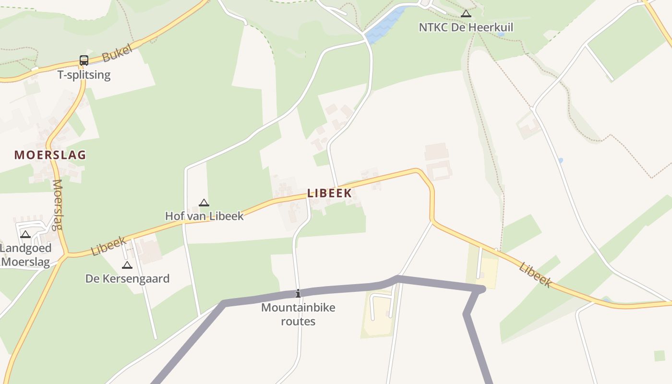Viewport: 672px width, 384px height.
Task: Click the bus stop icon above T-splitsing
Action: pyautogui.click(x=84, y=60)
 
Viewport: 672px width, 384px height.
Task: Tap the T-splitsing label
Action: pyautogui.click(x=84, y=75)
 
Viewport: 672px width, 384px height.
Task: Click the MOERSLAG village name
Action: pyautogui.click(x=50, y=155)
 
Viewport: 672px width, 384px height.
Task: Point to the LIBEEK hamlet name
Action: pyautogui.click(x=329, y=193)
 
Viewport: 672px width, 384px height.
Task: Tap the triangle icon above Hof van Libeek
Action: pyautogui.click(x=204, y=203)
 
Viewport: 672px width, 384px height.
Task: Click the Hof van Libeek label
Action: pyautogui.click(x=204, y=216)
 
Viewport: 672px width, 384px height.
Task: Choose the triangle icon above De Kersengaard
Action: pyautogui.click(x=127, y=265)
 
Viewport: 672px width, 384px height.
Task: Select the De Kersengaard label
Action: pyautogui.click(x=127, y=278)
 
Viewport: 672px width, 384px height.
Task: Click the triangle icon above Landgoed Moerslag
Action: pyautogui.click(x=25, y=235)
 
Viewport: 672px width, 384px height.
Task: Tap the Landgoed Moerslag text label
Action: pyautogui.click(x=26, y=255)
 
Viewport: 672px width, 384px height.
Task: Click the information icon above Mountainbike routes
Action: pyautogui.click(x=298, y=293)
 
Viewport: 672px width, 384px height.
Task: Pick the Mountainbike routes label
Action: pyautogui.click(x=298, y=314)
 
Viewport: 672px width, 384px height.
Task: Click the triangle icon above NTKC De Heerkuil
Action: pyautogui.click(x=466, y=14)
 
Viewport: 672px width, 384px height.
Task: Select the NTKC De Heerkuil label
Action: pyautogui.click(x=466, y=27)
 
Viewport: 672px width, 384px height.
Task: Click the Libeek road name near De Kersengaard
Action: pyautogui.click(x=108, y=246)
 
